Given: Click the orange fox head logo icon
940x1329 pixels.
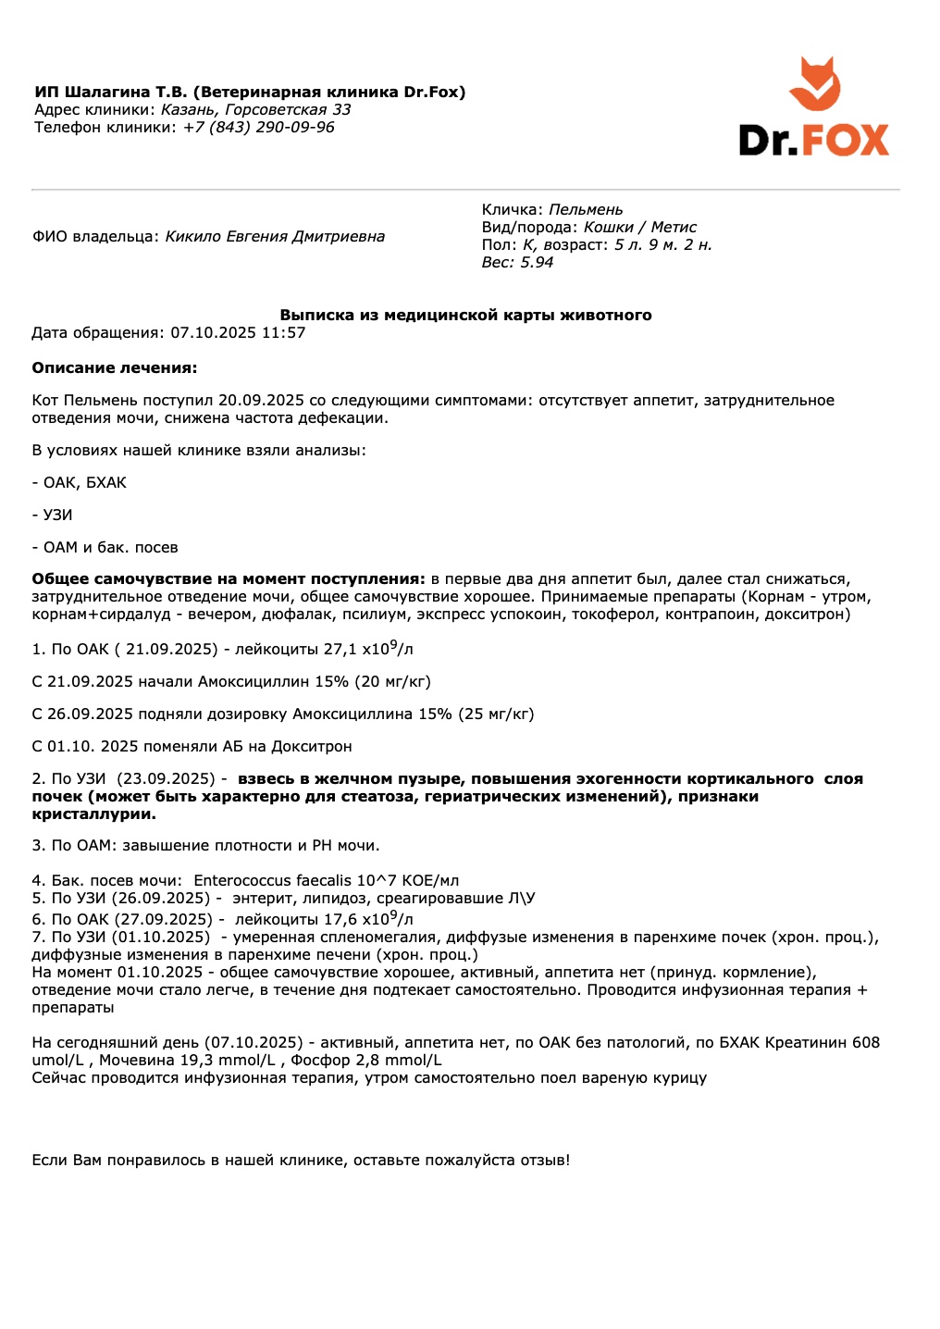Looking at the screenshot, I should tap(814, 84).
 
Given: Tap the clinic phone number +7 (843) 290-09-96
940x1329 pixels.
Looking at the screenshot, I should tap(258, 128).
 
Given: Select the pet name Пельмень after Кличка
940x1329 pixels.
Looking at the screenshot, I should tap(586, 210).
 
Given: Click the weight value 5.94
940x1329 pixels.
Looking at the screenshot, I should tap(537, 263).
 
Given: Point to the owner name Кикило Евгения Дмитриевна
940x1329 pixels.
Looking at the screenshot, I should tap(275, 237).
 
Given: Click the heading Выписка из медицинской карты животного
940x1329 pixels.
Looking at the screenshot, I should tap(465, 316).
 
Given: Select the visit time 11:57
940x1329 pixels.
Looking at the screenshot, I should tap(283, 333).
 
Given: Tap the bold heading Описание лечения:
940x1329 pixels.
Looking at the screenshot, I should tap(115, 368).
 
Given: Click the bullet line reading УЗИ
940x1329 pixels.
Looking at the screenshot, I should tap(57, 515).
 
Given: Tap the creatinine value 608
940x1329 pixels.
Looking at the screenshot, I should tap(866, 1043).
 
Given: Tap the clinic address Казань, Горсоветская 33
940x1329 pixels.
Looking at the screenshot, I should tap(256, 110).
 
